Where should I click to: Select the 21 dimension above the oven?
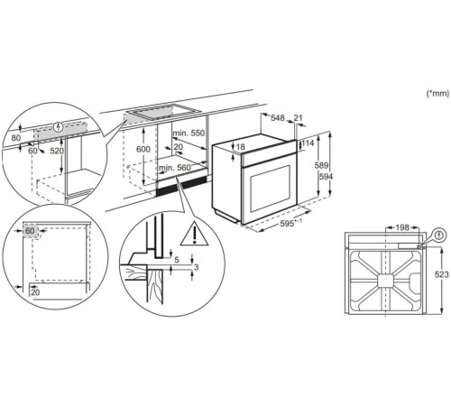click(x=299, y=117)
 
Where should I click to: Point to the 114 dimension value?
click(x=309, y=143)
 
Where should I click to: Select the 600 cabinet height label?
click(x=143, y=150)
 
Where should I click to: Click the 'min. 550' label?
click(x=189, y=133)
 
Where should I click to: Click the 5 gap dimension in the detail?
click(x=178, y=261)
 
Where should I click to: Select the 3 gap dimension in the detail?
click(x=195, y=268)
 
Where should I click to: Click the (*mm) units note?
click(x=435, y=93)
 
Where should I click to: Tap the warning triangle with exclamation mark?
click(x=192, y=235)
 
